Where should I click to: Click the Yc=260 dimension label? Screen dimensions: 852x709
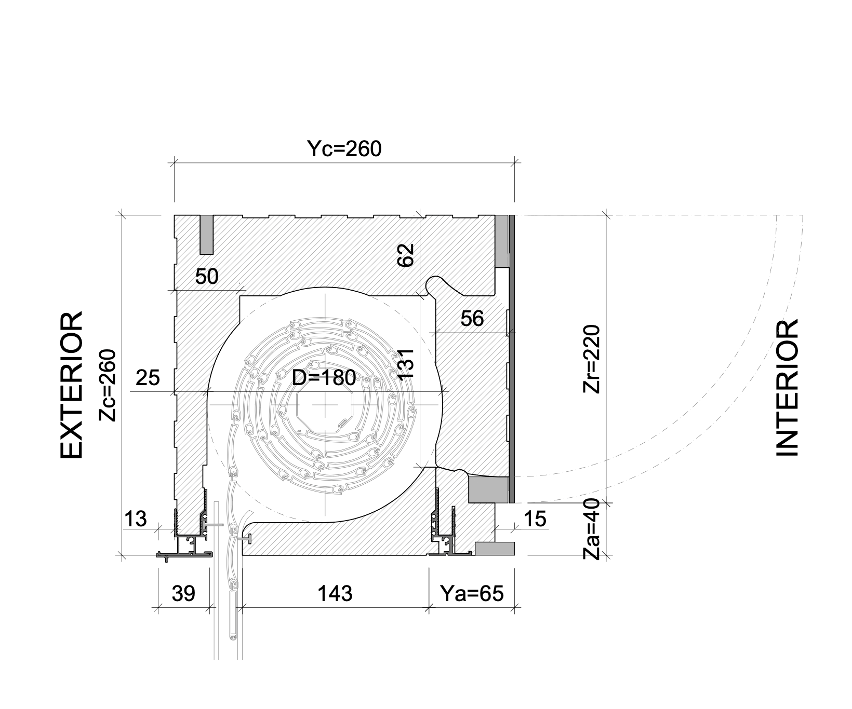coord(344,149)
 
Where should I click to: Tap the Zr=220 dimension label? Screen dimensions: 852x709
coord(592,359)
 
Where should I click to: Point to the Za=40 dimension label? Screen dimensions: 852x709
coord(591,530)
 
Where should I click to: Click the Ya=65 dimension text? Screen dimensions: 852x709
coord(472,593)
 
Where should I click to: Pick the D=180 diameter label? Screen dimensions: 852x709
coord(324,378)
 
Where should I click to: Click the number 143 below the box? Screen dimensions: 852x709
coord(335,593)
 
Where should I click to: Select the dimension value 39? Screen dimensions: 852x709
coord(183,593)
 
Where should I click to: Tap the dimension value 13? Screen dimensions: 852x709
coord(136,519)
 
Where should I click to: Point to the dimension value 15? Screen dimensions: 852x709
coord(536,519)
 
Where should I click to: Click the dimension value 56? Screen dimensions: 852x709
coord(472,318)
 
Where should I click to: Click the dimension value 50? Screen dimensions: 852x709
coord(207,277)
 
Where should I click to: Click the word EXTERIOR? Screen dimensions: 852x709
coord(72,385)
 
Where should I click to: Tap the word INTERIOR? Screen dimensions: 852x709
coord(787,388)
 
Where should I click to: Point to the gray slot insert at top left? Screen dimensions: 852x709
coord(207,235)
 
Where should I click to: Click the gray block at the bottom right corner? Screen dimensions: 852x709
coord(495,549)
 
